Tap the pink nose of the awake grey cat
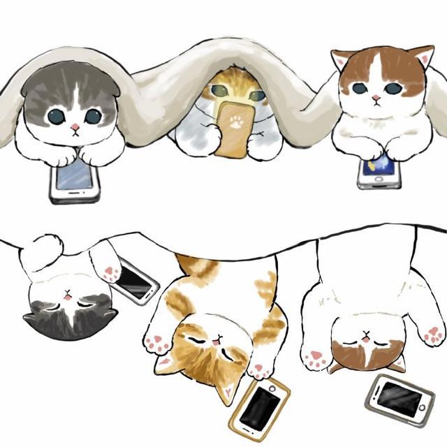tap(74, 128)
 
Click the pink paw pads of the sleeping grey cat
tap(110, 272)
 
